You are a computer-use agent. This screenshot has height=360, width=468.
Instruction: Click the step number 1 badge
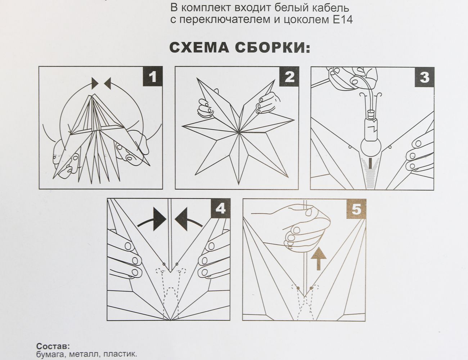(153, 77)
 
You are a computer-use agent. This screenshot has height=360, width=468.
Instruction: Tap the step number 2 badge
(289, 77)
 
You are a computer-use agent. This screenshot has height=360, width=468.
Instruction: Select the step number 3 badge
(424, 77)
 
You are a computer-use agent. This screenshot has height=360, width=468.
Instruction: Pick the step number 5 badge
(356, 208)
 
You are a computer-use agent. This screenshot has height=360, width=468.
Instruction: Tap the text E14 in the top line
(342, 19)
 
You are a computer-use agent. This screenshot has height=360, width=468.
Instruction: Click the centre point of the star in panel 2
(239, 133)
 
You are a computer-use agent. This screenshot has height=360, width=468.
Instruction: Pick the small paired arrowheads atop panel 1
(101, 84)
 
